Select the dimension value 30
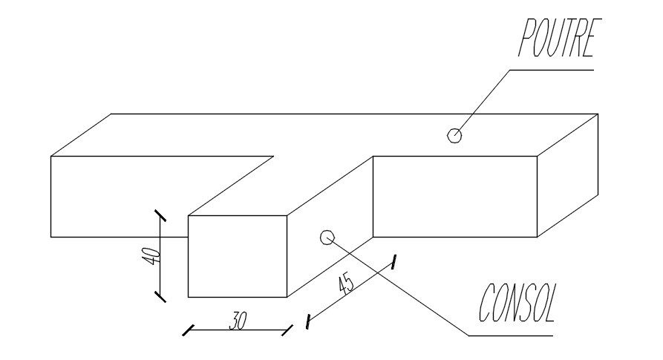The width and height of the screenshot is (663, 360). pos(238,321)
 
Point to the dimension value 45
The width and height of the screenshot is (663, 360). pos(345,284)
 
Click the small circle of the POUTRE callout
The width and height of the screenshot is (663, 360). pos(454,135)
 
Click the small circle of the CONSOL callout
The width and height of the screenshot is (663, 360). pos(326,237)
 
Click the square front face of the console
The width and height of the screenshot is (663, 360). pos(238,256)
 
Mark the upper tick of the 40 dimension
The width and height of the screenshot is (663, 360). pos(160,216)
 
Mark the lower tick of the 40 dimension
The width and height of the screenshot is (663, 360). pos(160,296)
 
